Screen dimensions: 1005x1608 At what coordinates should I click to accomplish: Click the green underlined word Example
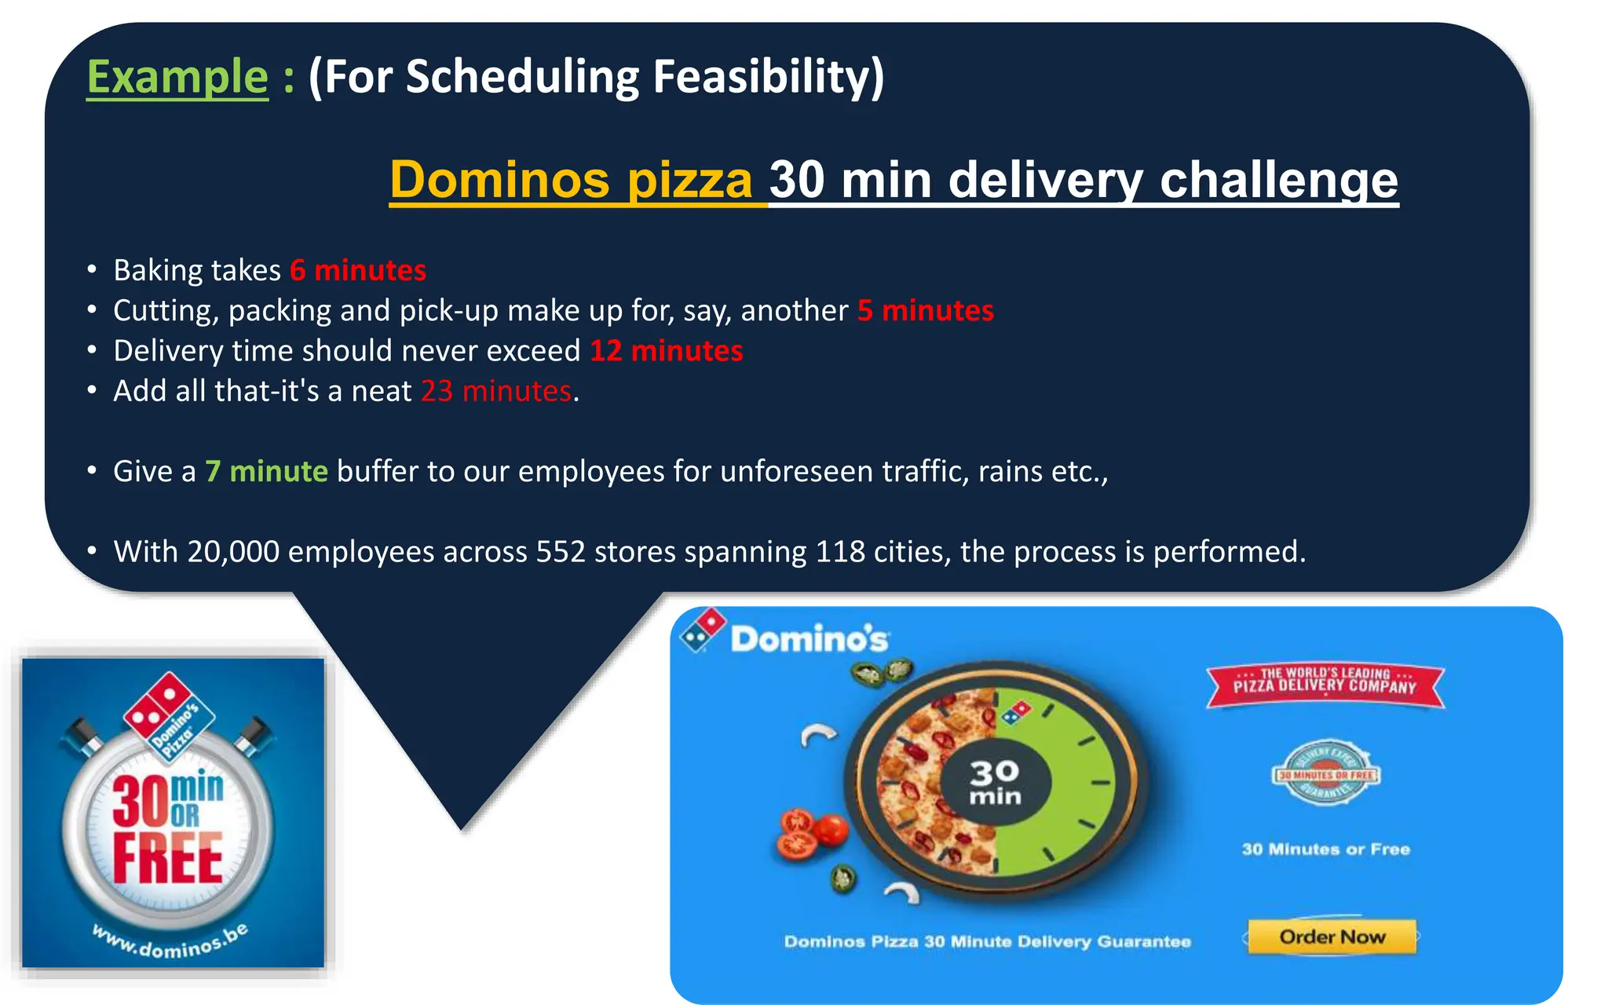tap(177, 77)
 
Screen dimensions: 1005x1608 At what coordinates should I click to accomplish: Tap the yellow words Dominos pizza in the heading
tap(572, 180)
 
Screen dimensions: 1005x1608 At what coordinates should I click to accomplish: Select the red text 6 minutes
tap(358, 270)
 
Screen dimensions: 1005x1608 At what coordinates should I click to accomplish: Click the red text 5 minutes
tap(926, 310)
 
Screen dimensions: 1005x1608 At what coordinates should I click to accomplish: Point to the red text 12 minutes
tap(666, 350)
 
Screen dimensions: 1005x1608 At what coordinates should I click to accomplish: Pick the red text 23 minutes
tap(496, 391)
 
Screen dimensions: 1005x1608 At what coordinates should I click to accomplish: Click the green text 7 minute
tap(266, 471)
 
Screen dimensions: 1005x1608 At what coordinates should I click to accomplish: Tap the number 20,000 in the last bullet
tap(233, 551)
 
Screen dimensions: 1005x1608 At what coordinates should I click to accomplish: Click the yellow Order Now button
tap(1332, 937)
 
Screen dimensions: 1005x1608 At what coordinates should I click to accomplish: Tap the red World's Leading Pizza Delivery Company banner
tap(1325, 682)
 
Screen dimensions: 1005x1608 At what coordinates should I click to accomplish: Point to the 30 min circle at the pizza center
tap(995, 782)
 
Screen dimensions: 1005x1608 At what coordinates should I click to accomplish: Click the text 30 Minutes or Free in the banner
tap(1325, 849)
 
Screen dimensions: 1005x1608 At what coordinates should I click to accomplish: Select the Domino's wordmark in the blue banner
tap(809, 639)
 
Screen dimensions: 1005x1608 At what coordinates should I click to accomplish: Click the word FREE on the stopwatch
tap(167, 858)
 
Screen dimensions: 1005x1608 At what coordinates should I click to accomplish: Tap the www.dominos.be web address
tap(170, 941)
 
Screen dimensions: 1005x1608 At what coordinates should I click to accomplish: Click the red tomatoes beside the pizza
tap(810, 834)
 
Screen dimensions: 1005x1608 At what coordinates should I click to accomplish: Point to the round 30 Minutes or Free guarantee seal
tap(1325, 773)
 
